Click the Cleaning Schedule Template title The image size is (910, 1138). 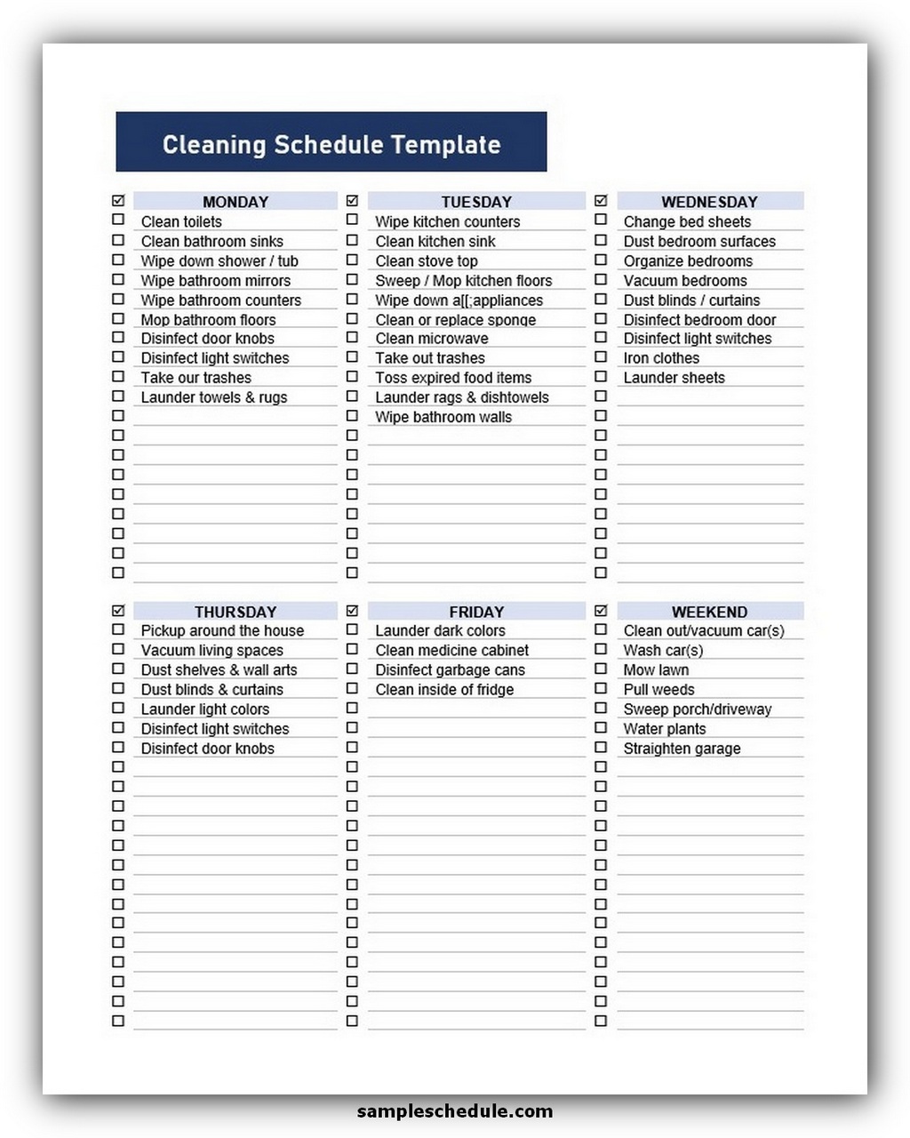click(x=331, y=144)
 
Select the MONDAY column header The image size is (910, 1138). click(x=235, y=202)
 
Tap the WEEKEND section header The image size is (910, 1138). click(x=709, y=612)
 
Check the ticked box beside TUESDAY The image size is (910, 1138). click(x=352, y=201)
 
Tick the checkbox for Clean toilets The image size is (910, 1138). click(x=118, y=220)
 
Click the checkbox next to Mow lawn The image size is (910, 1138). click(x=601, y=669)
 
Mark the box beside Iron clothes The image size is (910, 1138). click(x=601, y=357)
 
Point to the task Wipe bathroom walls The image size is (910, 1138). click(x=443, y=417)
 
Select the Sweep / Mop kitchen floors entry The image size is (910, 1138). click(x=463, y=281)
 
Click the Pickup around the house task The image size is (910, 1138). click(x=222, y=630)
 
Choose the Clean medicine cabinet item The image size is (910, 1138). click(x=451, y=650)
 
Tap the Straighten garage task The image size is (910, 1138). click(x=682, y=749)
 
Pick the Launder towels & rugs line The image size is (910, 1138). click(x=214, y=397)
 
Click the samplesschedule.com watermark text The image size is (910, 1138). click(x=454, y=1110)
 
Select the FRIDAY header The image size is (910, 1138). click(x=476, y=612)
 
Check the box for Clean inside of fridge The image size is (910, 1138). click(x=352, y=688)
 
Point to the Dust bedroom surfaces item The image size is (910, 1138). click(x=699, y=242)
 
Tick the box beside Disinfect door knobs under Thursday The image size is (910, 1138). click(x=118, y=747)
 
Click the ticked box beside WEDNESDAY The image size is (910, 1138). click(x=601, y=201)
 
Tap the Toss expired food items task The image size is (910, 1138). click(x=453, y=378)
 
